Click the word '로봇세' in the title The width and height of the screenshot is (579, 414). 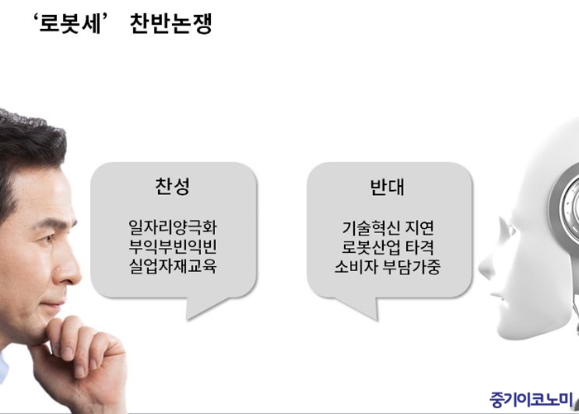69,23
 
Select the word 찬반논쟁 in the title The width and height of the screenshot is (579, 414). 171,23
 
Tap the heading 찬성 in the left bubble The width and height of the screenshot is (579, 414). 172,186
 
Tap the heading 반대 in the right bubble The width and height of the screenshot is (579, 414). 387,187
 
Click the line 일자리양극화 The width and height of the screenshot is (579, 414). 172,227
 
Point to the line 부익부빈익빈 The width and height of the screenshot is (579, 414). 172,246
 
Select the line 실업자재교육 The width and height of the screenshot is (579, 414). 172,266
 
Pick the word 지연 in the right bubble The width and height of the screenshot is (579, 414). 419,228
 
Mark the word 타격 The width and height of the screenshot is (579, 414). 419,247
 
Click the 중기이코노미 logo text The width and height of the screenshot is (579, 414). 531,399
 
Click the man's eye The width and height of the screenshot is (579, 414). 48,240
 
